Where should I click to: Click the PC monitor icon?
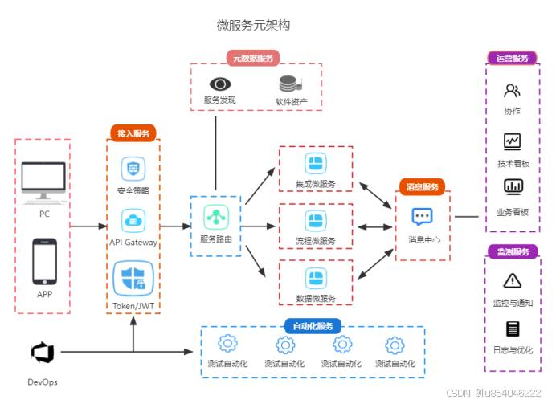tap(43, 182)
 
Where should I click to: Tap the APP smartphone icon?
tap(43, 261)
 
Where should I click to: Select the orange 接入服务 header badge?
tap(133, 133)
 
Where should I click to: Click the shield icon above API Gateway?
tap(133, 169)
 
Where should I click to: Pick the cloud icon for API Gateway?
tap(133, 220)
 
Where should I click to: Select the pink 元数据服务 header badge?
tap(254, 58)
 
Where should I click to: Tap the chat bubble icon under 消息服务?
tap(423, 217)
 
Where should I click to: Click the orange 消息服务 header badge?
tap(423, 186)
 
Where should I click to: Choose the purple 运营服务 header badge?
tap(512, 59)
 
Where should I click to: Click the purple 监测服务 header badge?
tap(512, 252)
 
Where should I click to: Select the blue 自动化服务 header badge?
tap(313, 326)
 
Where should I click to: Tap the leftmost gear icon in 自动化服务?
tap(228, 345)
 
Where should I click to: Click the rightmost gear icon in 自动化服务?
tap(394, 345)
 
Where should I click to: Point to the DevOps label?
tap(43, 382)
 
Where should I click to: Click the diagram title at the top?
tap(253, 26)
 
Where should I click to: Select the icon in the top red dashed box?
tap(316, 164)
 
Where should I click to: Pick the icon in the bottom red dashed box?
tap(316, 278)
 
